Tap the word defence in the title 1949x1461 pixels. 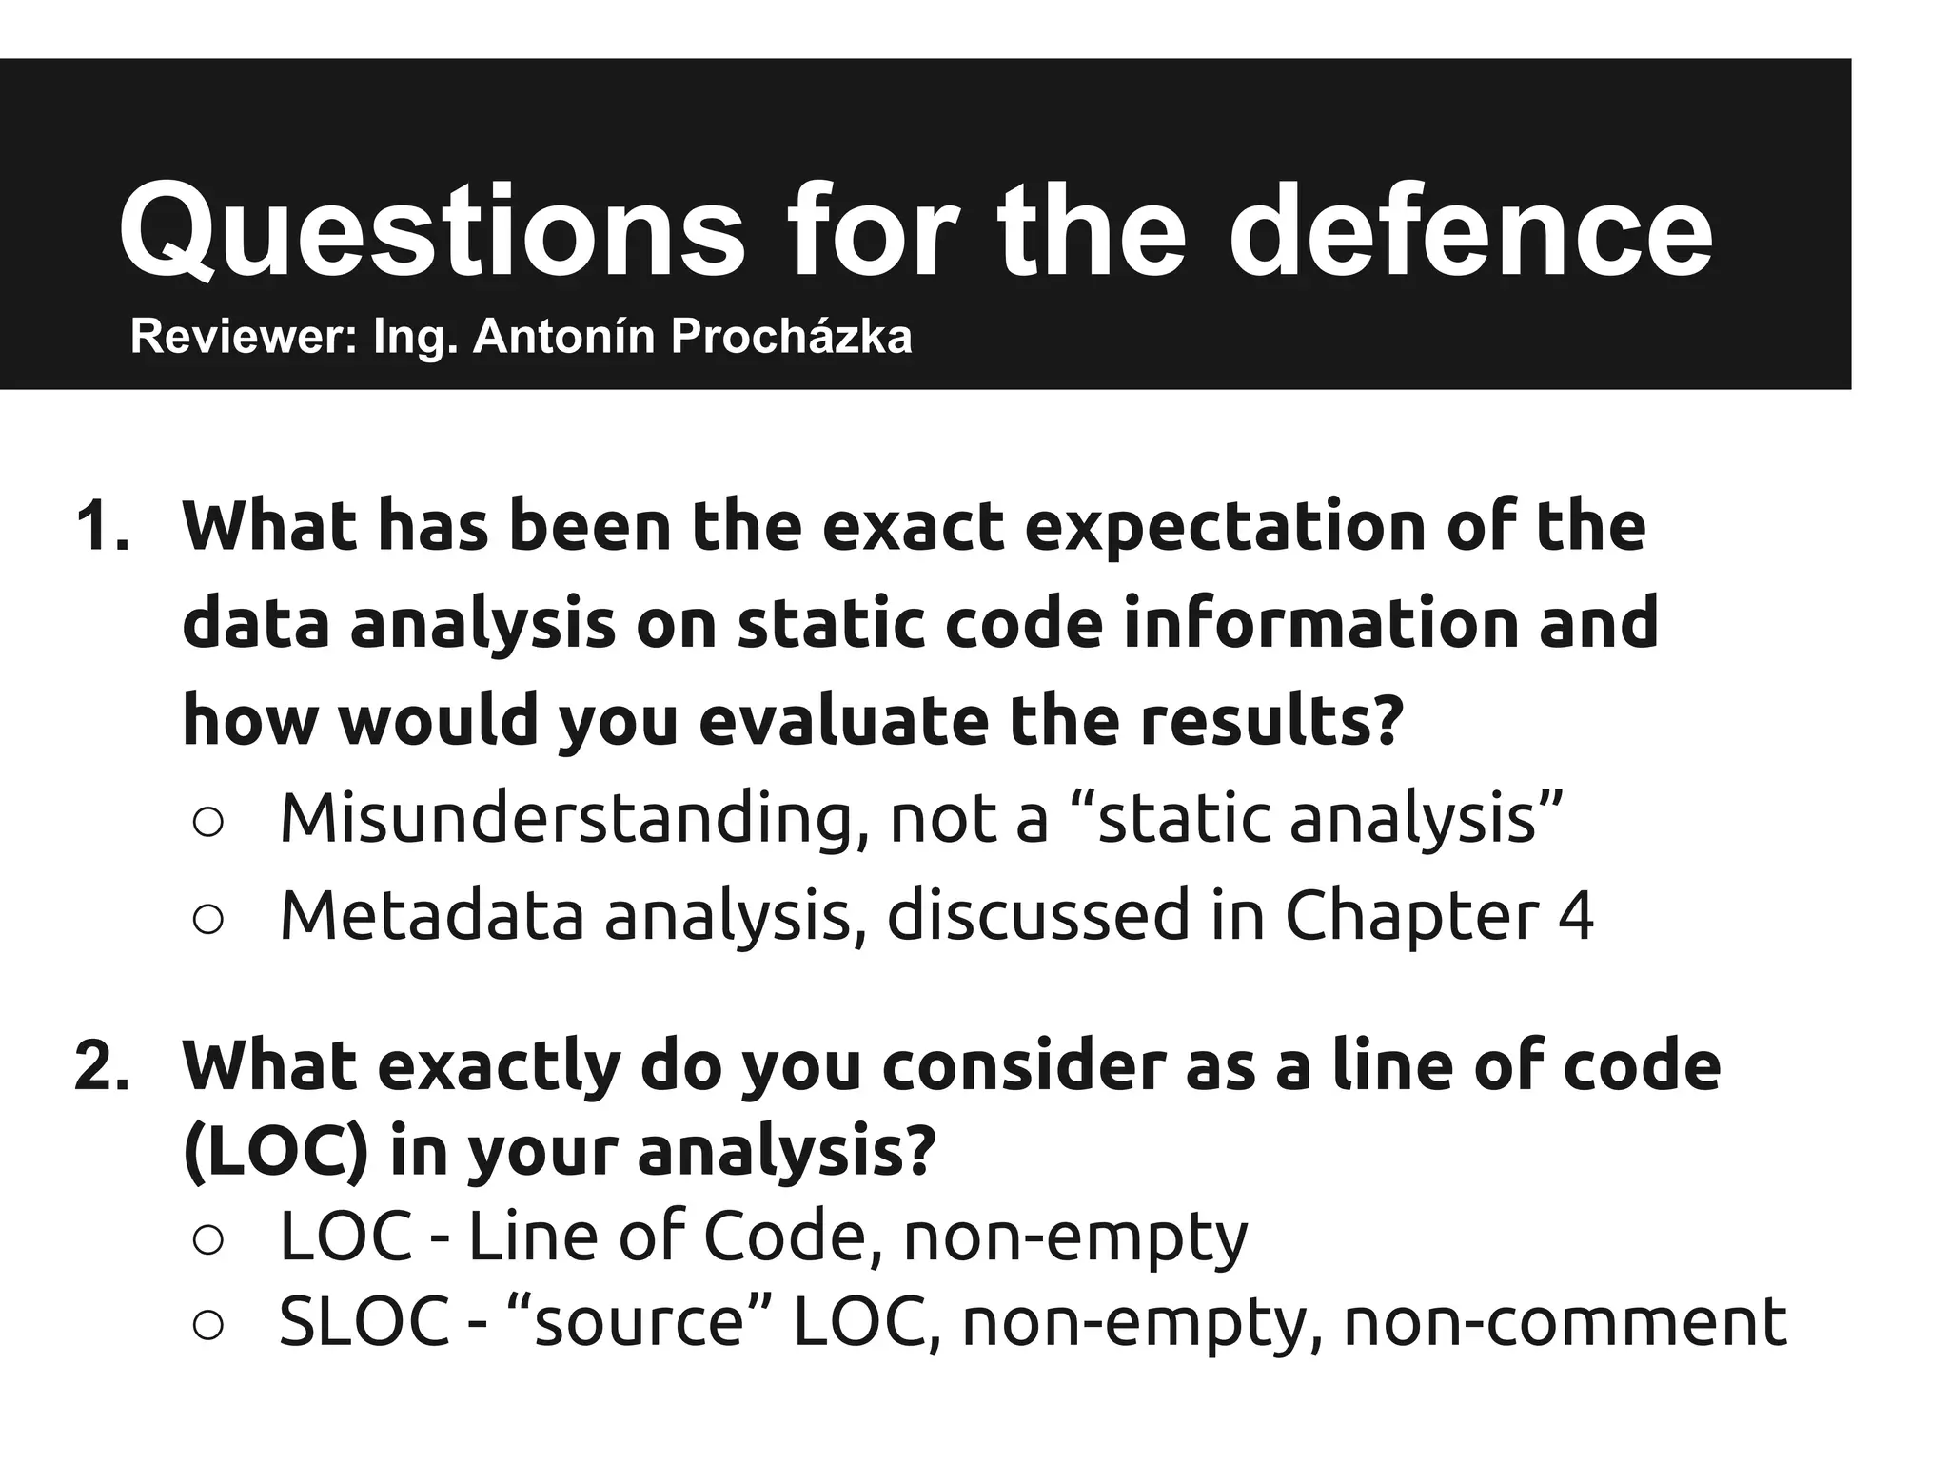1470,232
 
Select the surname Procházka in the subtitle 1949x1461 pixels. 791,337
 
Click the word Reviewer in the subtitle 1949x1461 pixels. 243,337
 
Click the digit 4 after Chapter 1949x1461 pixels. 1575,915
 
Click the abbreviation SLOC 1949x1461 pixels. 364,1321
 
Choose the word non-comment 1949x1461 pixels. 1565,1323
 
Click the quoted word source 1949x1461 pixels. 640,1321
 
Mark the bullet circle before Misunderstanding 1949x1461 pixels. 207,823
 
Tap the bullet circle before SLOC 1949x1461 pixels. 207,1324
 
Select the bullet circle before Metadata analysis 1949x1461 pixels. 207,919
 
